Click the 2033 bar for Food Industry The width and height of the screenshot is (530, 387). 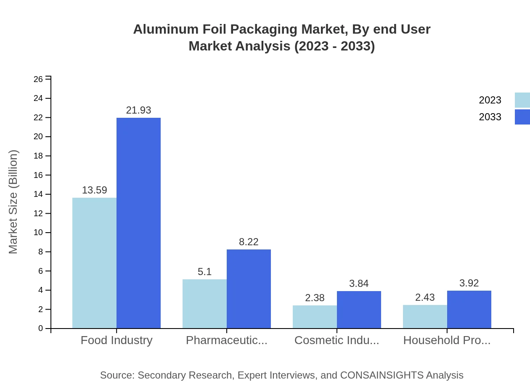138,223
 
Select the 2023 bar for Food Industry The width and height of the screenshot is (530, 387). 94,263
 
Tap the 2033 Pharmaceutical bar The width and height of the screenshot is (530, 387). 249,289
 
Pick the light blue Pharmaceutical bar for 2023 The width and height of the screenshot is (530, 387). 204,304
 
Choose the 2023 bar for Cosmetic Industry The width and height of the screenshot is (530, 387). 315,317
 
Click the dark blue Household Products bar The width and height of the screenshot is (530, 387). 469,309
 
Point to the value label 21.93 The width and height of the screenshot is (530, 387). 138,110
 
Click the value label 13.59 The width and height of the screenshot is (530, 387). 94,190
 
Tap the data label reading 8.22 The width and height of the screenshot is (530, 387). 249,242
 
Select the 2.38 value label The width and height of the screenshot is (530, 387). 315,298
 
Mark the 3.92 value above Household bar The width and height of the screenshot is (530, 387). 469,283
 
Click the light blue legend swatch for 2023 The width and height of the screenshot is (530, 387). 522,100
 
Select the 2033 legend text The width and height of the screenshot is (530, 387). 490,117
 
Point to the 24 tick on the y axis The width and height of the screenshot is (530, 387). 38,98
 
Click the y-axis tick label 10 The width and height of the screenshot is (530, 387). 38,233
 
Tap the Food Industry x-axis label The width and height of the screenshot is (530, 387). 117,340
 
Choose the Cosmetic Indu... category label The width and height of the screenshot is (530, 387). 337,340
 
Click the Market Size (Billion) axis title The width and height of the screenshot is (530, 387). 13,201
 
